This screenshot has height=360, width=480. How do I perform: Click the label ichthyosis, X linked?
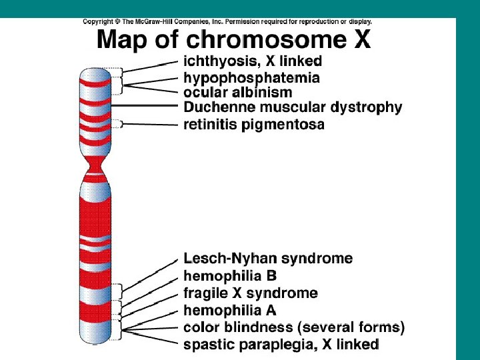pyautogui.click(x=253, y=61)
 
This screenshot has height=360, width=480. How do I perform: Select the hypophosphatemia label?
pyautogui.click(x=251, y=77)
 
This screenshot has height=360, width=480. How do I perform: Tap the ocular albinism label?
pyautogui.click(x=237, y=92)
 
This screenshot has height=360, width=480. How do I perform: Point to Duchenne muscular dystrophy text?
pyautogui.click(x=293, y=107)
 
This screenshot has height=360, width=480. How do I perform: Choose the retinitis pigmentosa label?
pyautogui.click(x=254, y=124)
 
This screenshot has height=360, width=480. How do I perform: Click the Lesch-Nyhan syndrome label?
pyautogui.click(x=268, y=258)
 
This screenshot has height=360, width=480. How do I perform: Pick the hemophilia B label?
pyautogui.click(x=230, y=275)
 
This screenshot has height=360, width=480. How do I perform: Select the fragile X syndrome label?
pyautogui.click(x=251, y=293)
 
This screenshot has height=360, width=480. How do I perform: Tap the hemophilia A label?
pyautogui.click(x=230, y=310)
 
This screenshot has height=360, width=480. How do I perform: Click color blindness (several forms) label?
pyautogui.click(x=294, y=327)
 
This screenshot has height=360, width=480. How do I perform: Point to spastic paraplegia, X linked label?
pyautogui.click(x=281, y=344)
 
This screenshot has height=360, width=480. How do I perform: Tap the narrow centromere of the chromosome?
pyautogui.click(x=94, y=163)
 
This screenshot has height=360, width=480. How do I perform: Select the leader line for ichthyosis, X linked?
pyautogui.click(x=150, y=65)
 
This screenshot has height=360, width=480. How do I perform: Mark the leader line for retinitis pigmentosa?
pyautogui.click(x=150, y=123)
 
